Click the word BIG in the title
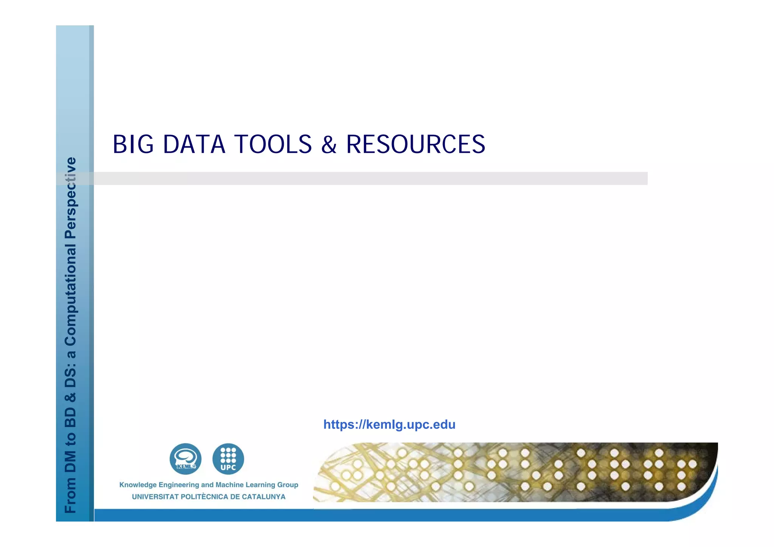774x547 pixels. click(x=133, y=144)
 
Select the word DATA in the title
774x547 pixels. click(x=194, y=144)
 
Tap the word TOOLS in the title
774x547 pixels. click(x=273, y=144)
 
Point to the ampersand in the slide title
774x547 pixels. click(x=329, y=145)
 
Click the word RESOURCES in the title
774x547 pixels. click(x=416, y=144)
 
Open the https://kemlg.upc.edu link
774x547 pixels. click(x=389, y=425)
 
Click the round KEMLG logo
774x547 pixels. click(x=185, y=459)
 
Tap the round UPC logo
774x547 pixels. click(x=228, y=459)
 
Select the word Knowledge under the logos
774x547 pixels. click(x=138, y=485)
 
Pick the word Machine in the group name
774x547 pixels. click(x=229, y=485)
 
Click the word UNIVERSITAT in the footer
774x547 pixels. click(x=155, y=497)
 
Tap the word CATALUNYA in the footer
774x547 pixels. click(x=263, y=497)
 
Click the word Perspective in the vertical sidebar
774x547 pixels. click(x=71, y=198)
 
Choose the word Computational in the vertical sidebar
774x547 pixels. click(x=71, y=294)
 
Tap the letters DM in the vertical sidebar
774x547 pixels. click(x=71, y=462)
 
